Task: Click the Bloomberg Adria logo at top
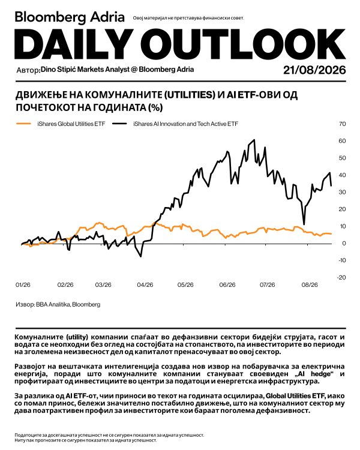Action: click(70, 17)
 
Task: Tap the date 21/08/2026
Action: click(314, 70)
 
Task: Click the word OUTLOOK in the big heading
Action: click(247, 44)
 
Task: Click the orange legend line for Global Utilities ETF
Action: click(23, 124)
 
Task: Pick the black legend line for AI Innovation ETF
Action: click(119, 124)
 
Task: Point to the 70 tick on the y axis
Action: click(342, 124)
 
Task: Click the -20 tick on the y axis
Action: click(341, 278)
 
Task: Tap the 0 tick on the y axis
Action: click(344, 244)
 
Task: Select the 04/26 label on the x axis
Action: click(145, 285)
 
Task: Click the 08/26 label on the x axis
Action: click(310, 285)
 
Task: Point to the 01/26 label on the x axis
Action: click(23, 285)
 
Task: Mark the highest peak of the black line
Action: click(254, 140)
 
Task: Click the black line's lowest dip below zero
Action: click(140, 256)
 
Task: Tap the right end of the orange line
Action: click(331, 234)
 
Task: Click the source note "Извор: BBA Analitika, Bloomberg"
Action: click(58, 304)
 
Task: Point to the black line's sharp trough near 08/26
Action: click(304, 224)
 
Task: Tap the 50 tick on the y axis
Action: click(342, 158)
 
